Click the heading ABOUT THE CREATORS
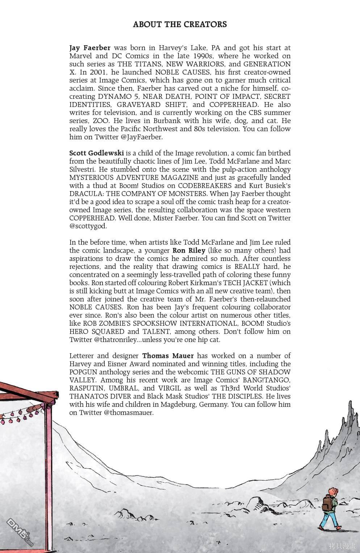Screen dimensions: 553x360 click(180, 25)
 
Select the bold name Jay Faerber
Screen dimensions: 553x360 click(90, 48)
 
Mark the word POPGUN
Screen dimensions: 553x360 click(84, 372)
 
